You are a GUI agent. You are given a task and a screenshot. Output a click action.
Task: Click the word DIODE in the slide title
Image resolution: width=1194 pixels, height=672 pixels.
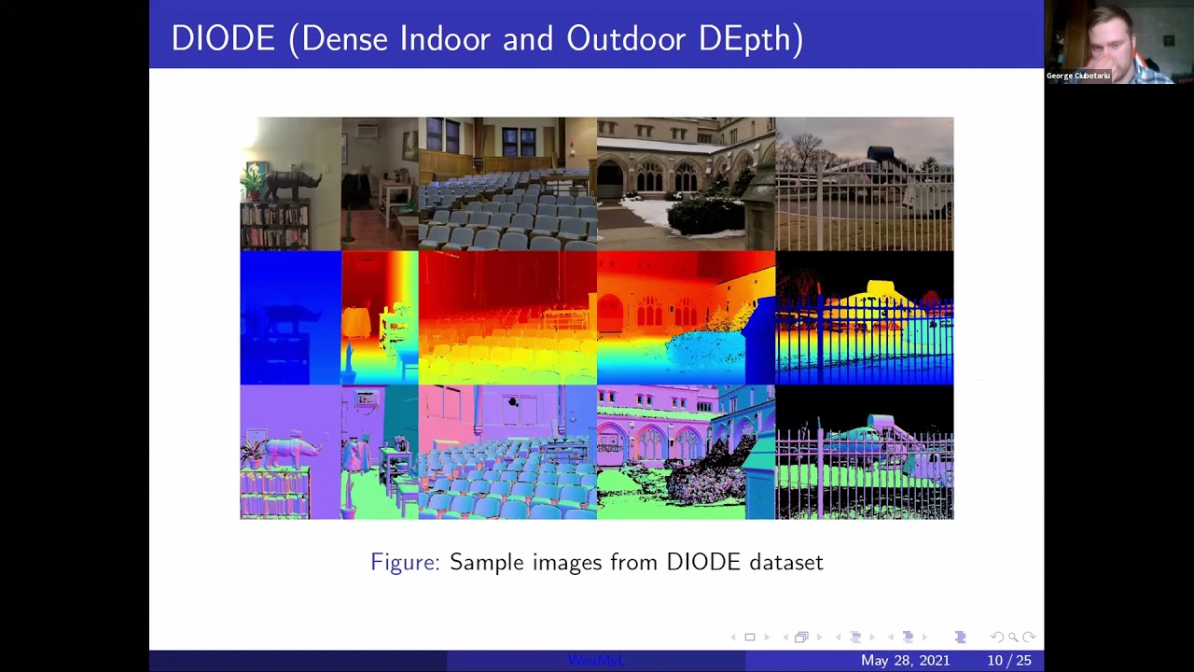(223, 38)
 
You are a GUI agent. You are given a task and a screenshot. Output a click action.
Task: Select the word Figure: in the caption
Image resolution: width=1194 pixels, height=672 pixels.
(405, 562)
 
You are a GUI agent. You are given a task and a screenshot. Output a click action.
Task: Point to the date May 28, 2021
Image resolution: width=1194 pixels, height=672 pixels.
(905, 661)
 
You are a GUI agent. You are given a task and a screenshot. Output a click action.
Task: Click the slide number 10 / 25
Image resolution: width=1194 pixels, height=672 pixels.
(1009, 661)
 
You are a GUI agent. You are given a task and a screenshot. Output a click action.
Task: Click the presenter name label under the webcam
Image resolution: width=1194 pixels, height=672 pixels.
(1077, 76)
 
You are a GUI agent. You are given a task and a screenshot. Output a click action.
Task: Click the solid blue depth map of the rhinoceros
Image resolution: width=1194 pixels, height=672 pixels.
(290, 317)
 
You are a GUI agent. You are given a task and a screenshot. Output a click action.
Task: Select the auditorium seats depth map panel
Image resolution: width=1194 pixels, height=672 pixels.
(507, 317)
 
